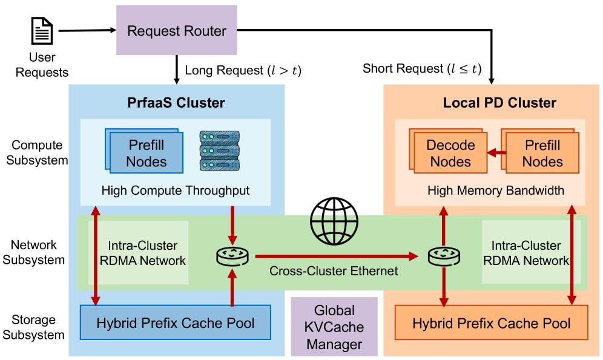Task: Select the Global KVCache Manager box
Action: point(334,327)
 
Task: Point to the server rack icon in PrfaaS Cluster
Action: point(219,149)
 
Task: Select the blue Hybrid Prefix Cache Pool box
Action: point(176,322)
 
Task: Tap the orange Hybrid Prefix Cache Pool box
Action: point(491,323)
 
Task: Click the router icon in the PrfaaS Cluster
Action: point(232,257)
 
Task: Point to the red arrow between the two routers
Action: point(336,257)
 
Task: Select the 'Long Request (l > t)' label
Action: point(243,70)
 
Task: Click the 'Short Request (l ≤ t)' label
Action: point(421,70)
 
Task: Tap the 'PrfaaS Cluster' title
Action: point(176,102)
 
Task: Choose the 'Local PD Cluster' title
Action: point(491,102)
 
